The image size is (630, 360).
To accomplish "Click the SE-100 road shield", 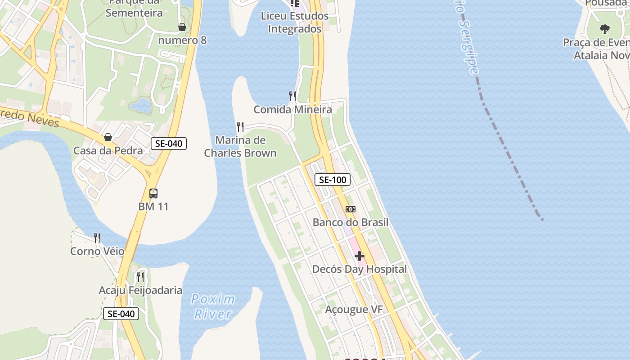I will (x=333, y=180).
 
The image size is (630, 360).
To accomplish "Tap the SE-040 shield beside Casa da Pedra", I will (x=168, y=144).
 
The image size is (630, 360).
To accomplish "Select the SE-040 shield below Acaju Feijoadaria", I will (x=121, y=314).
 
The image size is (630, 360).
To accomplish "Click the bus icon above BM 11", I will (x=153, y=193).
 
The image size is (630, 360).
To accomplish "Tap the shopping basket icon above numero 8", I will (x=182, y=27).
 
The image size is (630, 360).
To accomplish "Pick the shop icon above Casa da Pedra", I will (x=108, y=137).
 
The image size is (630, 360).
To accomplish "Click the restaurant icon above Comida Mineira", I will (x=292, y=96).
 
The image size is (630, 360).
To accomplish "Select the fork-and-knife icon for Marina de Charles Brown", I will (x=240, y=127).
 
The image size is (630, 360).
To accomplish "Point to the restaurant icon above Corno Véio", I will (x=97, y=238).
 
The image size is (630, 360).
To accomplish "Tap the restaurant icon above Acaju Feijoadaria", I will (x=140, y=277).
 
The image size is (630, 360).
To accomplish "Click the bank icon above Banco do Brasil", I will (x=351, y=209).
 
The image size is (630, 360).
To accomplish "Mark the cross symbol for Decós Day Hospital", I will (x=360, y=256).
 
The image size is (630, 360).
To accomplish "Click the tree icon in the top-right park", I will (x=605, y=29).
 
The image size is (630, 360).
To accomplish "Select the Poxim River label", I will (x=213, y=306).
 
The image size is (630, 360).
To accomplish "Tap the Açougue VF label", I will (x=354, y=310).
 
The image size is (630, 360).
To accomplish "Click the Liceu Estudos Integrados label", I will (x=295, y=22).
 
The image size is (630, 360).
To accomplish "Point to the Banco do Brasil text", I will (x=351, y=222).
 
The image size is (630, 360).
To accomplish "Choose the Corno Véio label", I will (x=97, y=251).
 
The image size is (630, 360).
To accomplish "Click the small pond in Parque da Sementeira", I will (x=141, y=106).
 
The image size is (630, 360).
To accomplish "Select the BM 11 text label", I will (x=153, y=207).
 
